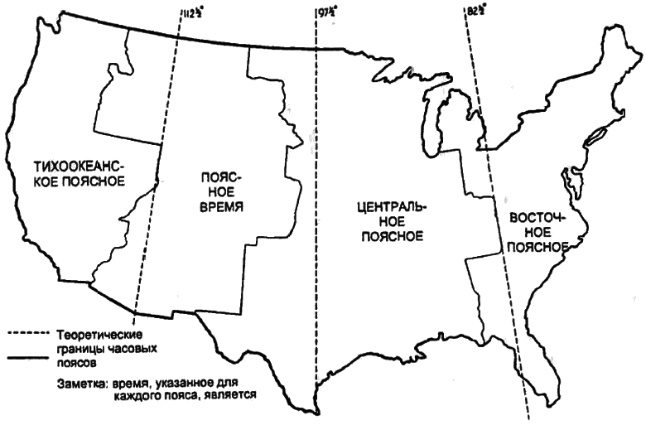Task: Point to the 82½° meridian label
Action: [476, 11]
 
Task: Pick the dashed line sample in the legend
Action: [29, 335]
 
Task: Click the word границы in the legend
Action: [80, 349]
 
